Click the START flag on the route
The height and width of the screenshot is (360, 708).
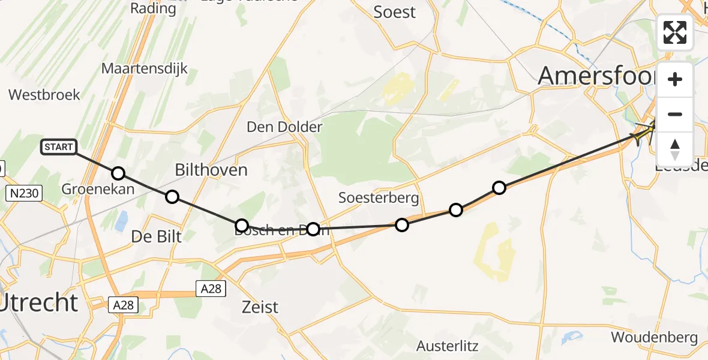pos(59,146)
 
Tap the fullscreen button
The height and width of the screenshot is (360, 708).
pos(675,32)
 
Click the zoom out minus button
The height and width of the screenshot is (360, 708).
pos(675,114)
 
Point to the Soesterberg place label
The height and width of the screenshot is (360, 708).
pos(378,197)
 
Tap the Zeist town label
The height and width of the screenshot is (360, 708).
pos(260,307)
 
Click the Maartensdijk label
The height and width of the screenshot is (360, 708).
pos(144,68)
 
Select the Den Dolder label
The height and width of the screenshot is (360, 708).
pos(284,127)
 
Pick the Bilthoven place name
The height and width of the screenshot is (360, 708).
pos(211,170)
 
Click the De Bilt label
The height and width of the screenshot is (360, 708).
pos(157,236)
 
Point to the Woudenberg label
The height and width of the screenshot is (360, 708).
pos(654,337)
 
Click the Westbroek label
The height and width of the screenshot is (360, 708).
pos(44,95)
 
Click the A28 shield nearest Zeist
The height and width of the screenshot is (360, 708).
pos(211,289)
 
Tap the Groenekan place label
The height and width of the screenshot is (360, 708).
pos(98,190)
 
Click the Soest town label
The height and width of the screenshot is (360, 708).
pos(394,11)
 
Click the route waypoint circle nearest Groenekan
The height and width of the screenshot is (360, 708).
pos(118,173)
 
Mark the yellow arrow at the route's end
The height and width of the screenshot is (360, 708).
pos(644,130)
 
